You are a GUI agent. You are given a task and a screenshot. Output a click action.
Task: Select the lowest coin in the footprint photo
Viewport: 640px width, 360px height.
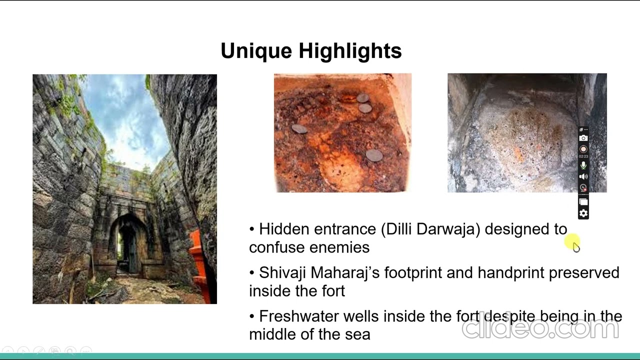coord(374,155)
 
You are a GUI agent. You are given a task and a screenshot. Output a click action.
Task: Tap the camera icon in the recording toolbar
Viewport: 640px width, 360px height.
coord(583,138)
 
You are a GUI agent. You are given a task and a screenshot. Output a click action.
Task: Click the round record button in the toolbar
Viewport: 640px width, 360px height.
coord(583,149)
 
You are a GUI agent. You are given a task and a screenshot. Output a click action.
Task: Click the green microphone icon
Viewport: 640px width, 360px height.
coord(583,165)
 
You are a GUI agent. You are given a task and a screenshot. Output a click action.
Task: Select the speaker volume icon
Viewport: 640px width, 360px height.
coord(583,176)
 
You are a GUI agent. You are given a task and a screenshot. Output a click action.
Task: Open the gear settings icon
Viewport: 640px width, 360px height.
coord(583,214)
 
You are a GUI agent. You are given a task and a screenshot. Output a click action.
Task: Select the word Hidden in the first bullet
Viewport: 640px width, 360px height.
coord(284,229)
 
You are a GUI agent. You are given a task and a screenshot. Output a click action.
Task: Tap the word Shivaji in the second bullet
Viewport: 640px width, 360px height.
coord(282,273)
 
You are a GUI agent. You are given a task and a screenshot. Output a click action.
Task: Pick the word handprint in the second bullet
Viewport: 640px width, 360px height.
coord(510,273)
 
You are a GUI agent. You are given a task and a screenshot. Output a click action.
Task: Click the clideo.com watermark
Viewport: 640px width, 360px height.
coord(540,328)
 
